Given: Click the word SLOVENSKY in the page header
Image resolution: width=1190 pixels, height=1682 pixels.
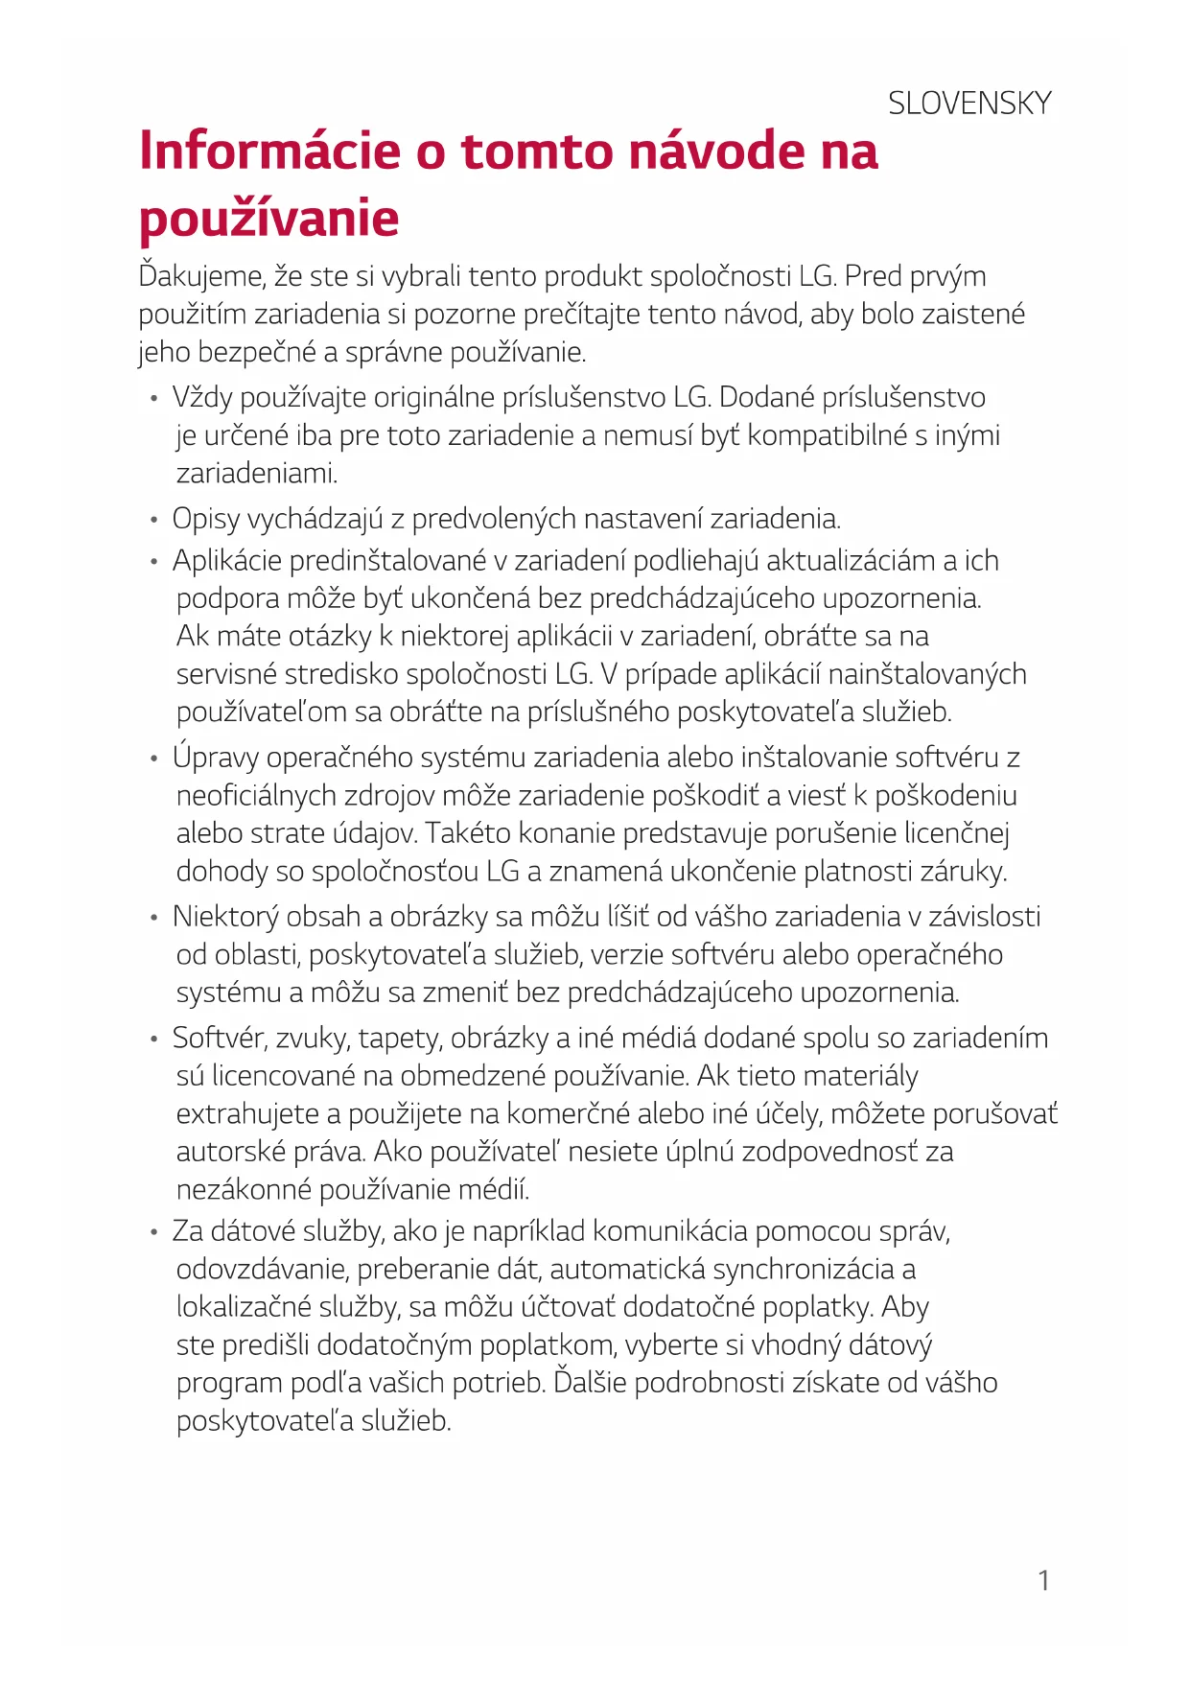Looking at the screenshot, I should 969,104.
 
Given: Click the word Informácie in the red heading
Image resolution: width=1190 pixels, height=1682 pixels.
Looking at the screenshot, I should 269,152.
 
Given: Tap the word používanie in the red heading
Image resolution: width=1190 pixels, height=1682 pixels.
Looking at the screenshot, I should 269,219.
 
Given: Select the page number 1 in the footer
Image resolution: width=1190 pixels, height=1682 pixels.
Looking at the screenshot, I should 1043,1580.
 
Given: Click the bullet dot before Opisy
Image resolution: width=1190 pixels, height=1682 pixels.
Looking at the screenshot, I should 153,521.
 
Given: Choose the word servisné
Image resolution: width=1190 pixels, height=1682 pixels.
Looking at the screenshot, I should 226,674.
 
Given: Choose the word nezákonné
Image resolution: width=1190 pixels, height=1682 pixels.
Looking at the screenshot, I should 244,1190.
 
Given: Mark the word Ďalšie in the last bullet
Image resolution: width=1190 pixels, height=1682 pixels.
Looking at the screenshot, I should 590,1383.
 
